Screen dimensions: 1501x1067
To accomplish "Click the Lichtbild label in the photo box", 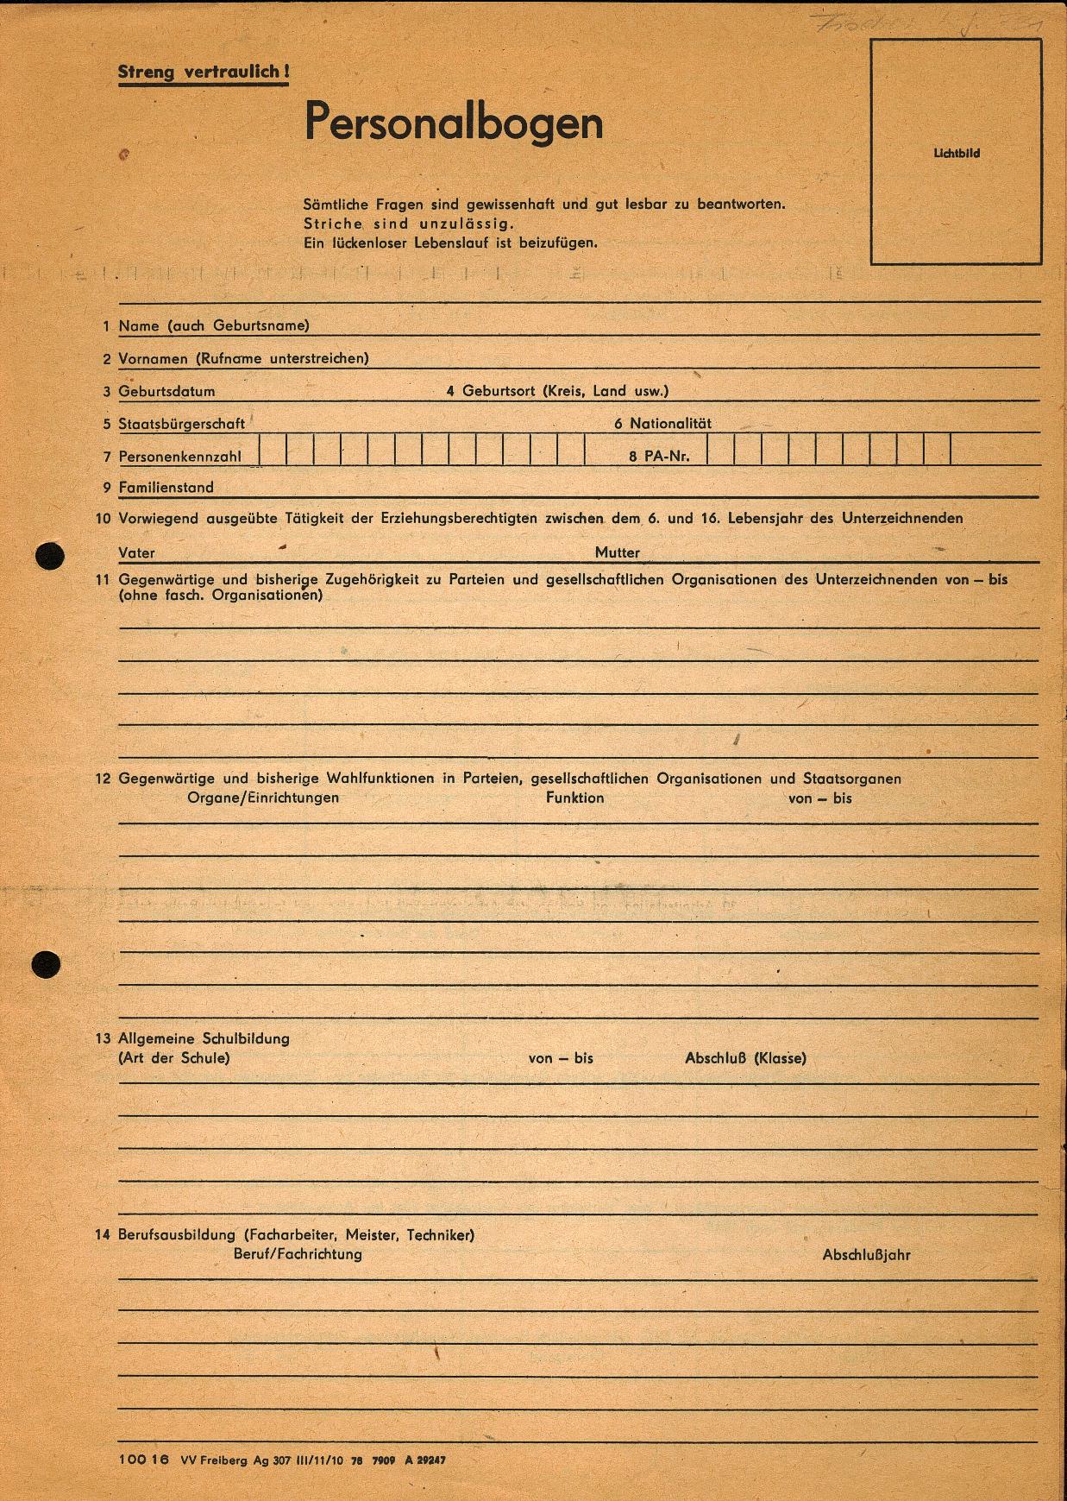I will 957,154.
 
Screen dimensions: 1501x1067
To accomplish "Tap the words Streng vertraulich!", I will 203,73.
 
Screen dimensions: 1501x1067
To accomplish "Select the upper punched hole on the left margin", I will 49,556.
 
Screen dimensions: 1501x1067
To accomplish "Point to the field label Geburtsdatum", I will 166,392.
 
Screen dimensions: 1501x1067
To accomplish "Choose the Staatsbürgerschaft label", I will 182,424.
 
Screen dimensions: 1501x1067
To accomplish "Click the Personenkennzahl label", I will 179,457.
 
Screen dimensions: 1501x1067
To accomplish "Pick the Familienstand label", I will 166,488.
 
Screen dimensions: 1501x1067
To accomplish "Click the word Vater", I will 136,553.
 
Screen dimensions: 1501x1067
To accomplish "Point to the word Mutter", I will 618,552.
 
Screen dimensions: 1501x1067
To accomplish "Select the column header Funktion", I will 574,798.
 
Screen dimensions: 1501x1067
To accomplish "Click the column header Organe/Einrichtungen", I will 263,798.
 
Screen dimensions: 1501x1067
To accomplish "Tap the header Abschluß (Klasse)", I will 745,1058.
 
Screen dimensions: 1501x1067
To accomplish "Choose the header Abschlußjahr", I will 866,1255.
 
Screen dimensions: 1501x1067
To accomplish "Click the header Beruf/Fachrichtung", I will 298,1254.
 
